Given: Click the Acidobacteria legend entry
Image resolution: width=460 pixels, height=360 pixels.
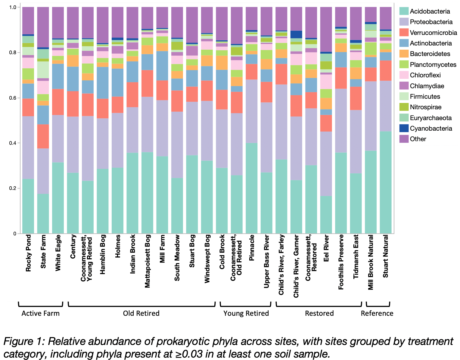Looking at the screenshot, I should [x=430, y=11].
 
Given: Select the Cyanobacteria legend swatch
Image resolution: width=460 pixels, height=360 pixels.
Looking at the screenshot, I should [x=404, y=129].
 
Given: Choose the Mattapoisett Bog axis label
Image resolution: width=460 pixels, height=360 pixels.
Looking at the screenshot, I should [x=148, y=261].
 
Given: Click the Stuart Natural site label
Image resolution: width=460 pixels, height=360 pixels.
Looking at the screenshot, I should [x=386, y=256].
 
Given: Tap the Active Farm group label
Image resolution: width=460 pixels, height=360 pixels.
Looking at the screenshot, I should [x=40, y=313].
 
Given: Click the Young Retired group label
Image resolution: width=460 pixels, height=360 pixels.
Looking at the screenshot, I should [x=246, y=313].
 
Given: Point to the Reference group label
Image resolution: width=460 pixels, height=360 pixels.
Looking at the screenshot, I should [x=377, y=313].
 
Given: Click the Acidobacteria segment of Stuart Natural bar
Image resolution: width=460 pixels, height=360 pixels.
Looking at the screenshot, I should [x=386, y=182].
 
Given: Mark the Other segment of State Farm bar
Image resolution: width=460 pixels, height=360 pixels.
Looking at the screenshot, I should [x=43, y=27].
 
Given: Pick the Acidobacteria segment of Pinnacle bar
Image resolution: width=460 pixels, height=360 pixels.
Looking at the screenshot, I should [x=252, y=188].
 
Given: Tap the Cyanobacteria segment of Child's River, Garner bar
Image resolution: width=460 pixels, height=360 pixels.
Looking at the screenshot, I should [x=296, y=34].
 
